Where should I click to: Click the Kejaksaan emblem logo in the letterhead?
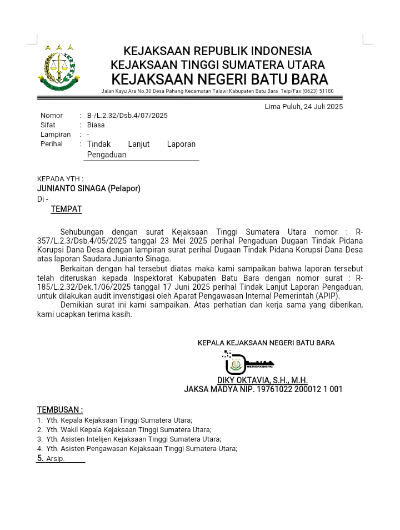pyautogui.click(x=57, y=67)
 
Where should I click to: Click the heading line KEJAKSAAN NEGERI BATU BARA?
pyautogui.click(x=219, y=79)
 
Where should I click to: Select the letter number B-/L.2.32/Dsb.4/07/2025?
pyautogui.click(x=127, y=116)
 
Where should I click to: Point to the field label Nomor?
pyautogui.click(x=52, y=116)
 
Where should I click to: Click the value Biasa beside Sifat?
pyautogui.click(x=96, y=125)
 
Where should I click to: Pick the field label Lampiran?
pyautogui.click(x=56, y=135)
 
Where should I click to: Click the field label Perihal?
pyautogui.click(x=52, y=144)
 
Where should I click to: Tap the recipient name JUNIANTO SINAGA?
pyautogui.click(x=71, y=189)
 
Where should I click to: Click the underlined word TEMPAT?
pyautogui.click(x=66, y=209)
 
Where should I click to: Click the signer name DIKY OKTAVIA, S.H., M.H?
pyautogui.click(x=262, y=380)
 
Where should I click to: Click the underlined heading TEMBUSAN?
pyautogui.click(x=59, y=410)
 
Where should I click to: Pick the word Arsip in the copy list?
pyautogui.click(x=55, y=459)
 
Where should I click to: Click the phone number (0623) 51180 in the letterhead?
pyautogui.click(x=318, y=91)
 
